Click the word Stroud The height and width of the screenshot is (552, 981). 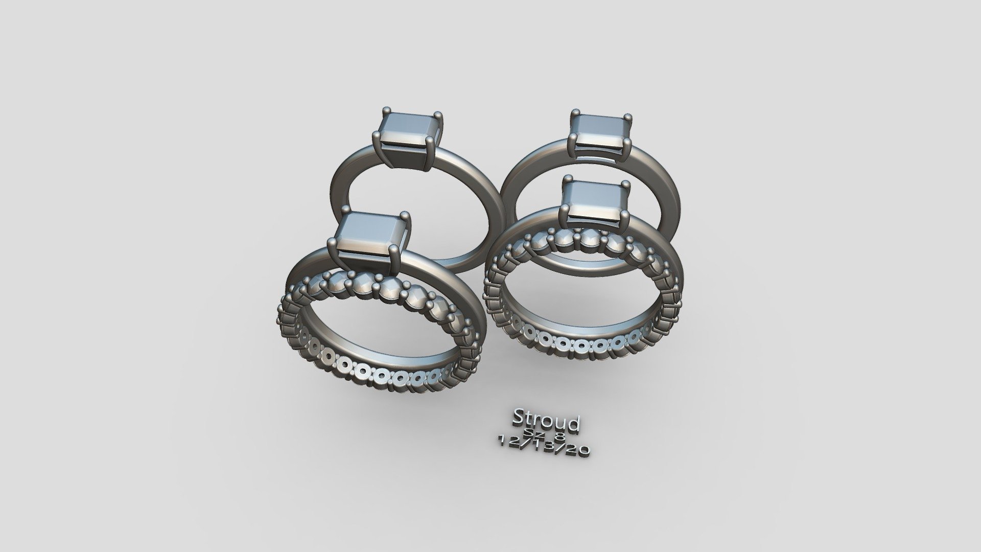click(546, 421)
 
